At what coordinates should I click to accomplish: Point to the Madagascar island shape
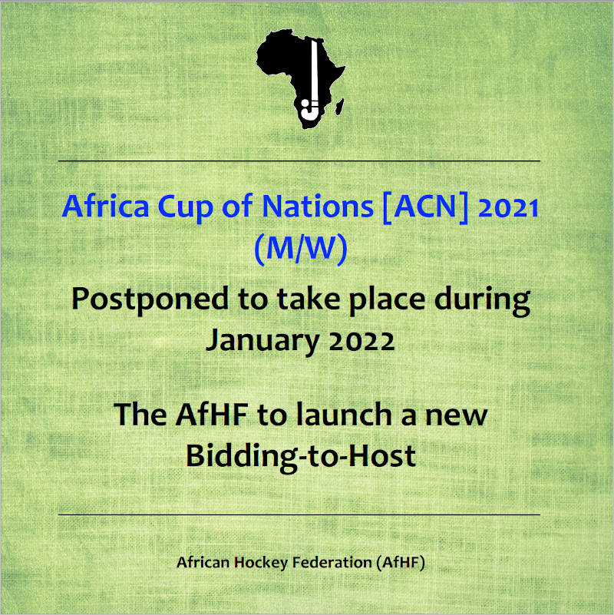(339, 107)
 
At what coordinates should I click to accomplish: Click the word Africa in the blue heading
(105, 206)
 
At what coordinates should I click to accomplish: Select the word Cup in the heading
(186, 208)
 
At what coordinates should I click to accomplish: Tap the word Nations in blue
(318, 206)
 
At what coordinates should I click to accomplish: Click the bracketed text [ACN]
(425, 207)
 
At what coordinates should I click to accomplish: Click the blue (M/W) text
(301, 249)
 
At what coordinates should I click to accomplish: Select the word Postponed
(150, 300)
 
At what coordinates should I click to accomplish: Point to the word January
(262, 341)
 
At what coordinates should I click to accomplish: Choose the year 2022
(361, 340)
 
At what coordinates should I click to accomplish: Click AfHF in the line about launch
(212, 414)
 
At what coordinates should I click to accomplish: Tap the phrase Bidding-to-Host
(301, 456)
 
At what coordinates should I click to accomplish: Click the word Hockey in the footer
(261, 563)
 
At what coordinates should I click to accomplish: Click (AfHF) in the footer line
(401, 563)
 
